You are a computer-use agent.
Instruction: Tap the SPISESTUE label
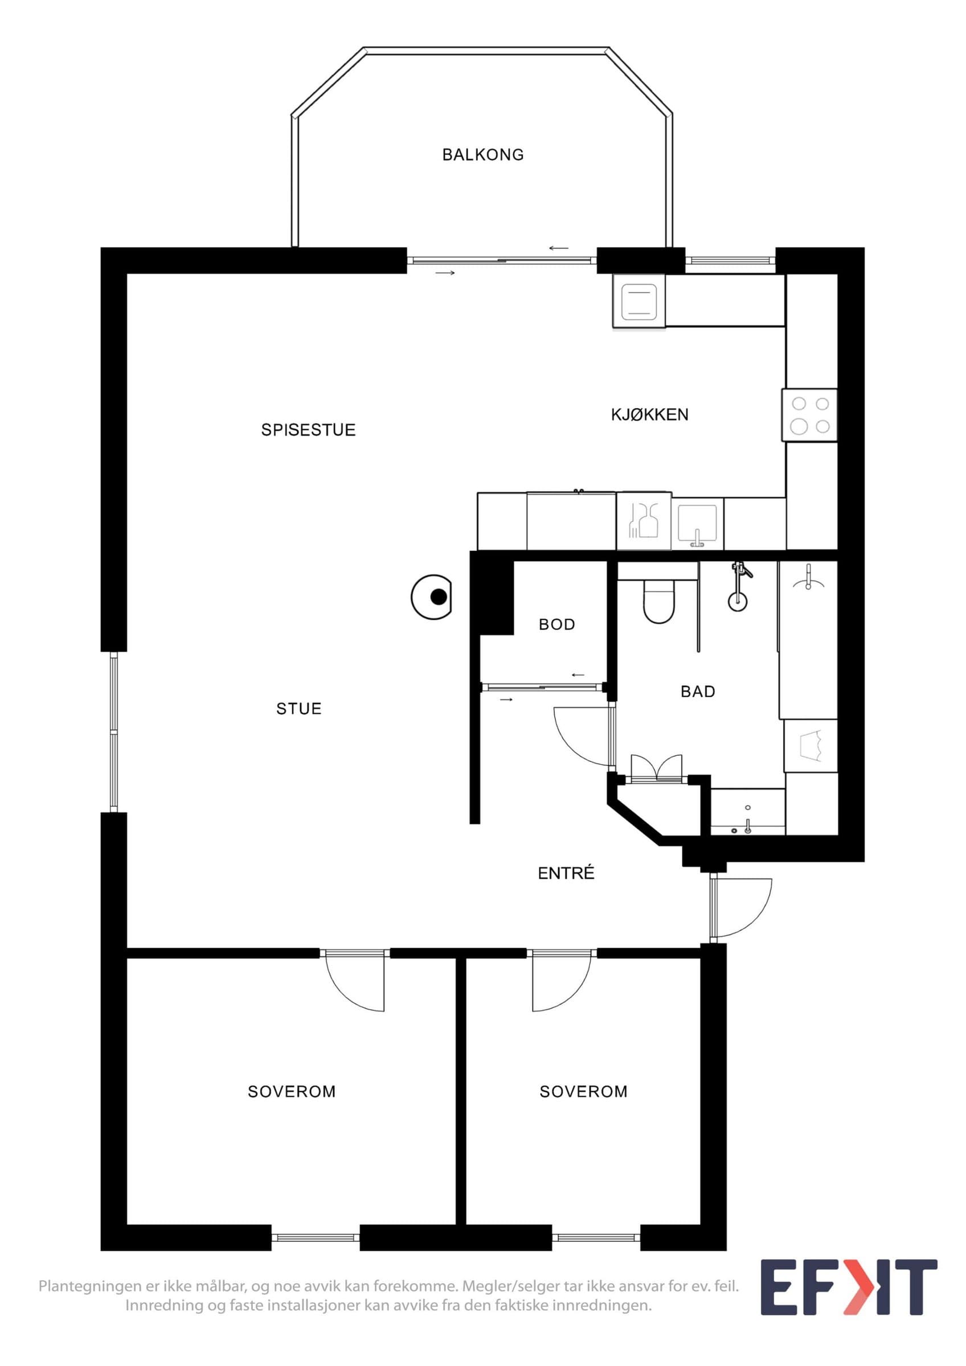[x=308, y=430]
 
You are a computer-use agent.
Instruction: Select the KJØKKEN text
[x=649, y=414]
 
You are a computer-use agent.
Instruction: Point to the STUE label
[x=299, y=709]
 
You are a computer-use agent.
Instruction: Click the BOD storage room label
[x=556, y=625]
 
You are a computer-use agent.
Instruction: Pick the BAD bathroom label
[x=698, y=692]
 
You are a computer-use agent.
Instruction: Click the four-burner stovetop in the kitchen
[x=809, y=415]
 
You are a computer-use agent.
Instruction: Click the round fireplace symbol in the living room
[x=432, y=596]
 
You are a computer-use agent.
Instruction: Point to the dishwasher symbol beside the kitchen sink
[x=644, y=521]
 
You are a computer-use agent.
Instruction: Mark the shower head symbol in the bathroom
[x=739, y=586]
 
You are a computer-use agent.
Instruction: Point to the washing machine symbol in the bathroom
[x=811, y=746]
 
